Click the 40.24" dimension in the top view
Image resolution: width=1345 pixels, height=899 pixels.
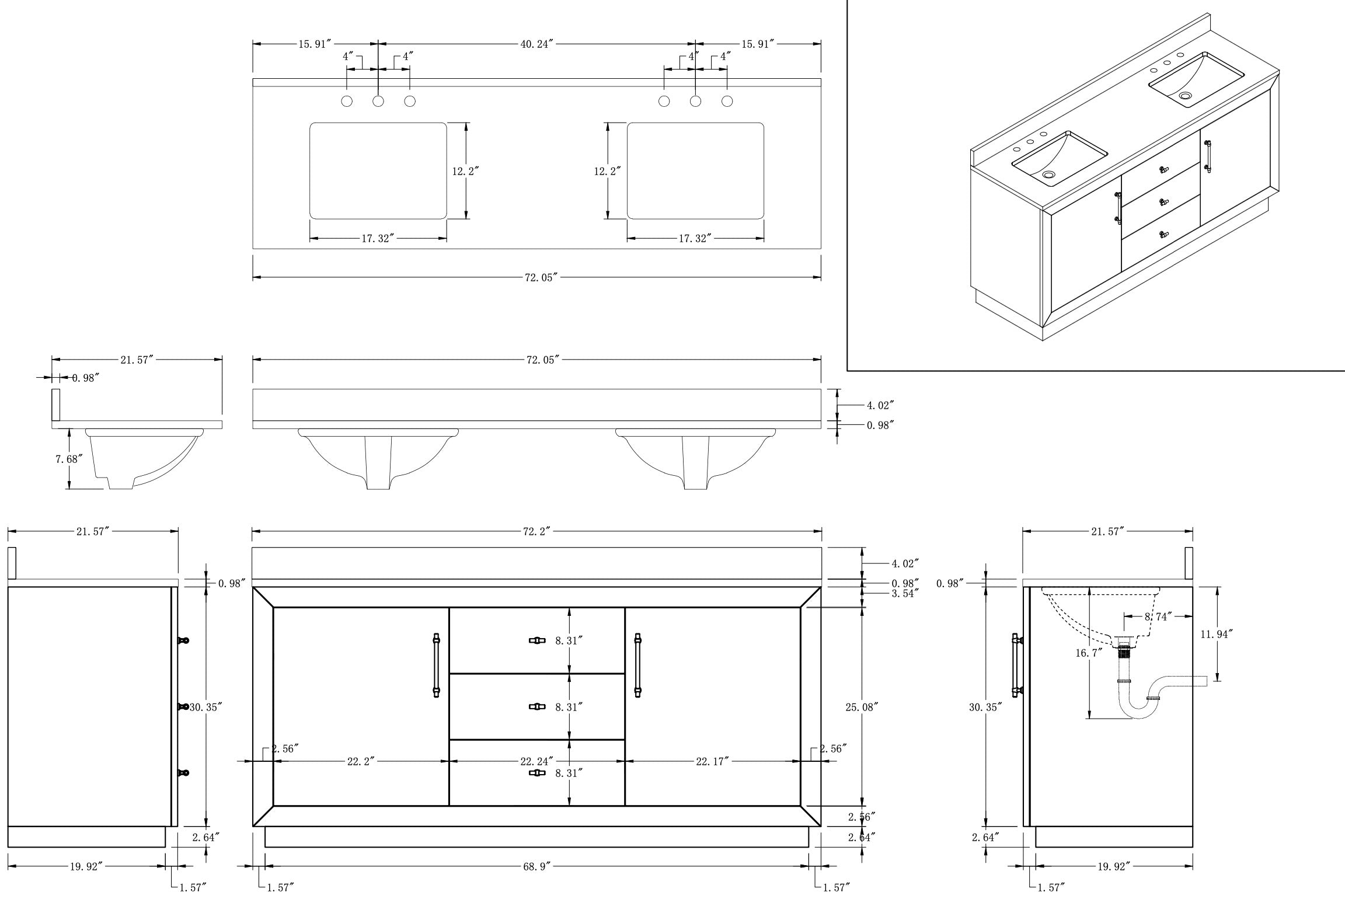[536, 44]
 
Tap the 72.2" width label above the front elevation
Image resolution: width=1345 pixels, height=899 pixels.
[536, 531]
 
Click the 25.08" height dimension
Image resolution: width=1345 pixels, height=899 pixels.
[862, 707]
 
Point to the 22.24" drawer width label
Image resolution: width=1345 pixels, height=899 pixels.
[536, 761]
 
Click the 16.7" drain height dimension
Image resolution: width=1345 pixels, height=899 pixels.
[1089, 653]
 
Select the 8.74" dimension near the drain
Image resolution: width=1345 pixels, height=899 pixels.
[1158, 616]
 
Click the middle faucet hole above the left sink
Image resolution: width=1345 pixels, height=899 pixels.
[378, 101]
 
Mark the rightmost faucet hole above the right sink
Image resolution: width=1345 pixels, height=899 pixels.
[727, 101]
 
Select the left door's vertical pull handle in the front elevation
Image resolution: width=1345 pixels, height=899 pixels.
[436, 665]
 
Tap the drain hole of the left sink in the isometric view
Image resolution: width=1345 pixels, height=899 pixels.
[1049, 174]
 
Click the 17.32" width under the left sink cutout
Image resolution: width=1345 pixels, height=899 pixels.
[378, 238]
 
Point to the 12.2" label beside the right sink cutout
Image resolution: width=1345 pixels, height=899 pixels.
[607, 172]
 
